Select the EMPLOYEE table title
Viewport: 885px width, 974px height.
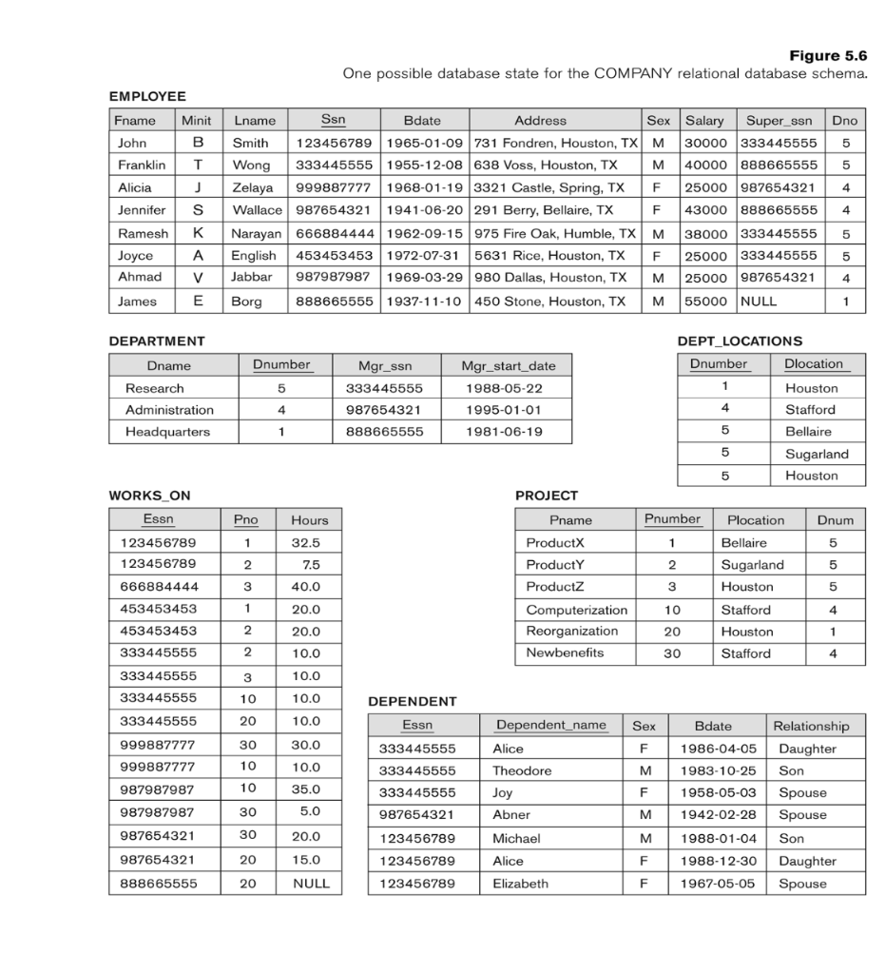(x=146, y=96)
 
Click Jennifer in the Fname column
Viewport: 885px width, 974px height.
(x=140, y=210)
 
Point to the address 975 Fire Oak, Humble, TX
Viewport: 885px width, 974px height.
(x=555, y=233)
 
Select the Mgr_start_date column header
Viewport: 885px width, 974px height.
(x=509, y=365)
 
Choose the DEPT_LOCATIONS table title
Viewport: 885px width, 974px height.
(x=740, y=341)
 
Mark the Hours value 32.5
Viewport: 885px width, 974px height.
(x=304, y=543)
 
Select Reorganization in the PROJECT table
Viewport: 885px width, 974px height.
(x=571, y=632)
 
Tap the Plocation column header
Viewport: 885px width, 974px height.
(x=756, y=520)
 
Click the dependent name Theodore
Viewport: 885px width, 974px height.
(x=522, y=770)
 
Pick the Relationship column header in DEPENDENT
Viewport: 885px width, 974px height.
(x=811, y=726)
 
